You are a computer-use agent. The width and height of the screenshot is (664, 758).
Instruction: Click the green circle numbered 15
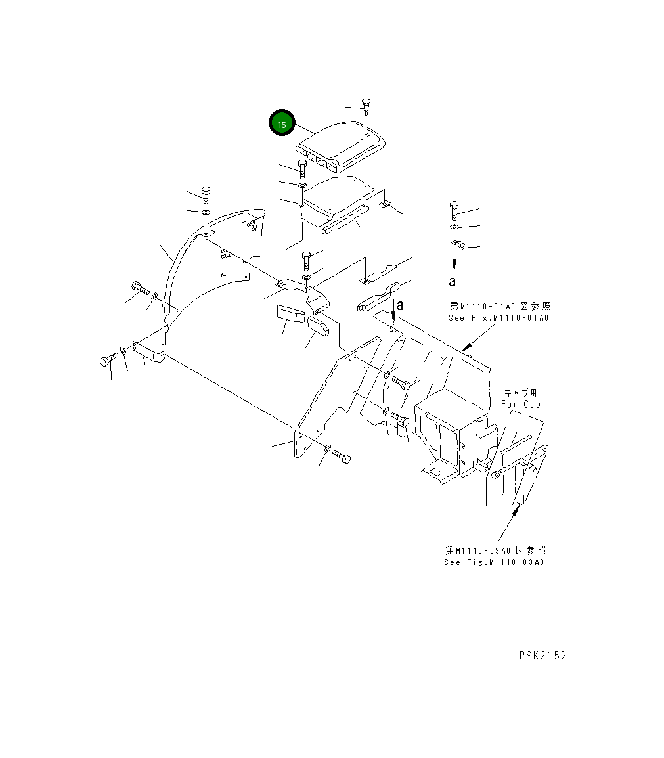281,123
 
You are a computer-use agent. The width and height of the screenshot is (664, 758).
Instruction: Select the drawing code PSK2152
542,656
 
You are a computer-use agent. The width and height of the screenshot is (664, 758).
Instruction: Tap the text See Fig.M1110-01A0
498,317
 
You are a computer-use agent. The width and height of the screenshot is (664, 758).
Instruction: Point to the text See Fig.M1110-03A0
494,562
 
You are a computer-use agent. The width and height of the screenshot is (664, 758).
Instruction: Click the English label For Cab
520,404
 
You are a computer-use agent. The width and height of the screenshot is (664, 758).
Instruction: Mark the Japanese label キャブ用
520,393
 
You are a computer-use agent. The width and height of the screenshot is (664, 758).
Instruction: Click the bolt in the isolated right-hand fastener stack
454,210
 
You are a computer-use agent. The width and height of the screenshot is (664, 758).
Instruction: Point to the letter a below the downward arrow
452,282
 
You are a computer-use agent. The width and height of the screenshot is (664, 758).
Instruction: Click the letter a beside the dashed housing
399,305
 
